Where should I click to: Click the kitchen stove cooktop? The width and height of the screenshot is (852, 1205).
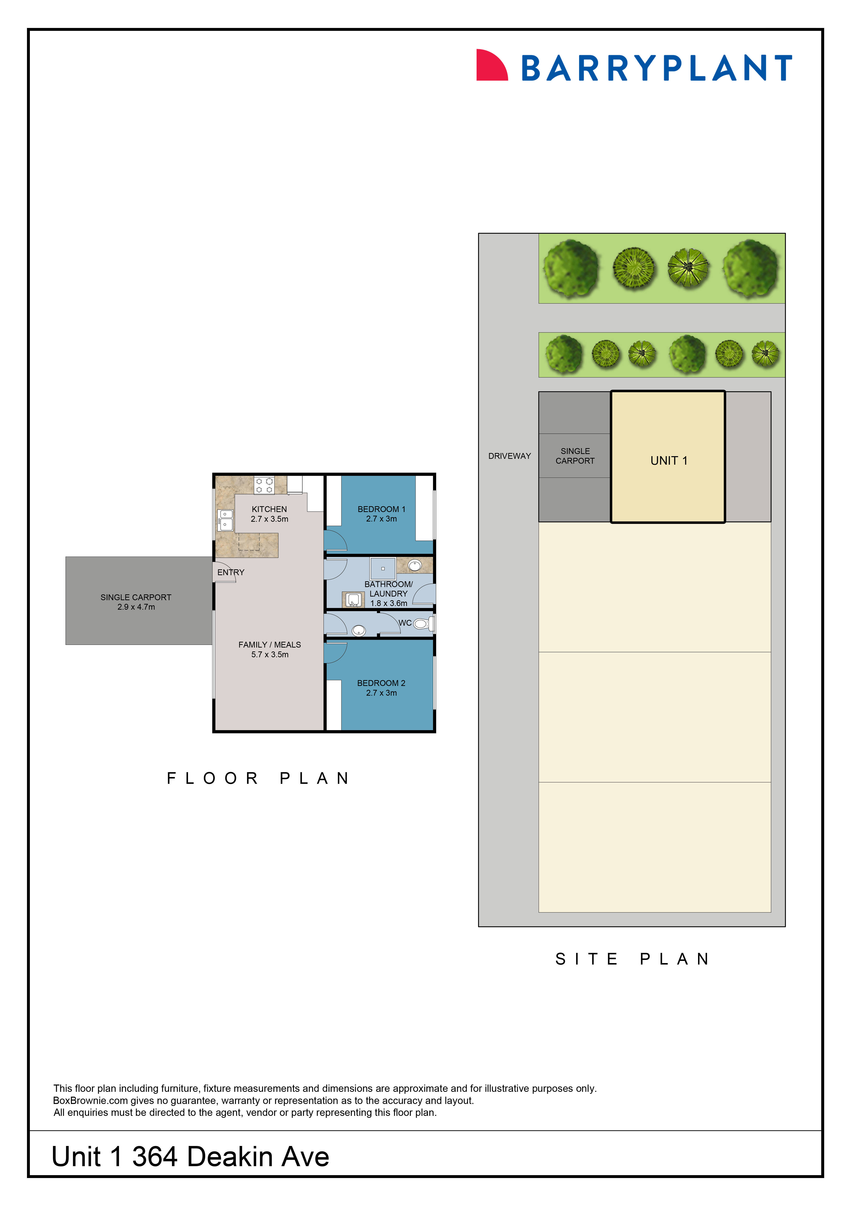pyautogui.click(x=264, y=485)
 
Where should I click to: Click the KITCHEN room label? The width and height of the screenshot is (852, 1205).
pyautogui.click(x=269, y=509)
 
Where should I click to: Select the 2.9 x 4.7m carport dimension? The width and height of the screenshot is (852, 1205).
pyautogui.click(x=136, y=607)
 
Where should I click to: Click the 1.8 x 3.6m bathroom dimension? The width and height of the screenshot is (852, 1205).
pyautogui.click(x=388, y=604)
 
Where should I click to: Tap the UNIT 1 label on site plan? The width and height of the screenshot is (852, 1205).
pyautogui.click(x=668, y=461)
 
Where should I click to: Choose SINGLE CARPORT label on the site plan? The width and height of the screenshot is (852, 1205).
pyautogui.click(x=575, y=456)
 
